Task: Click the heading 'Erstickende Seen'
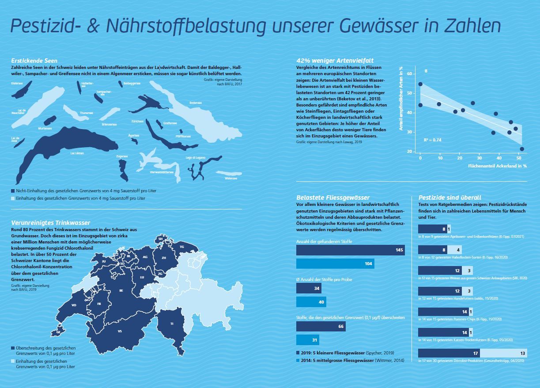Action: (34, 60)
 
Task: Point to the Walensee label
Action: (230, 179)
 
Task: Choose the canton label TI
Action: (172, 324)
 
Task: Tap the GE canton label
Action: (58, 331)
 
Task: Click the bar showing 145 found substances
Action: (350, 250)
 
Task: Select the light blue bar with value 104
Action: (335, 263)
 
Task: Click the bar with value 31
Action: (307, 340)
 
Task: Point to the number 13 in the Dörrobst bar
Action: (523, 353)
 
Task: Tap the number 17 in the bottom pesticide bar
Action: (475, 353)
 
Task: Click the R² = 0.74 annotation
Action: (432, 140)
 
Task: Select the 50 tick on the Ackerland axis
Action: (519, 158)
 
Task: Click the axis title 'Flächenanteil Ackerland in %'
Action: (498, 166)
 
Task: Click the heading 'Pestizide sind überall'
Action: (449, 198)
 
